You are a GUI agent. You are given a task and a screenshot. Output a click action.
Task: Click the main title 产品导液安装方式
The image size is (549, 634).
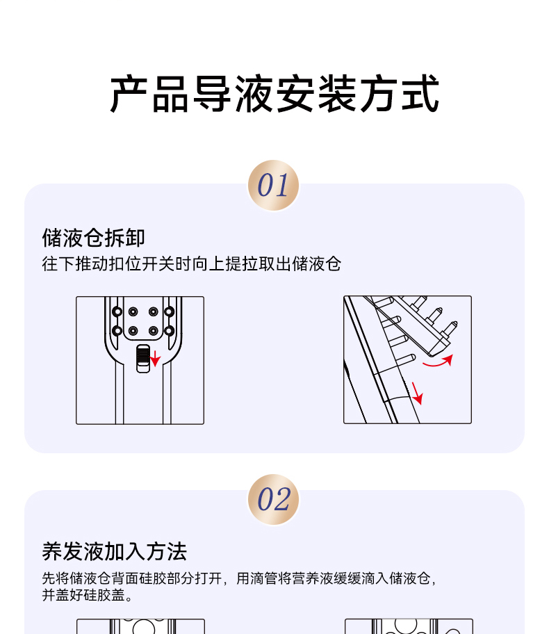274,94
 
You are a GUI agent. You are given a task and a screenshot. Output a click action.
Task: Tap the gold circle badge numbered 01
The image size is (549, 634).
273,185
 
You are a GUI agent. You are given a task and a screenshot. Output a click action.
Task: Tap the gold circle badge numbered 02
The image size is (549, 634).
273,499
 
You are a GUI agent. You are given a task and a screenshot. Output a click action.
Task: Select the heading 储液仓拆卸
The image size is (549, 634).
93,237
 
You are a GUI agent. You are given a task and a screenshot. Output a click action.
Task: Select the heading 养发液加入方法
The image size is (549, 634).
115,551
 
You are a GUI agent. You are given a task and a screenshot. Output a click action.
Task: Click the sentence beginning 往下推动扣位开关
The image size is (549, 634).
192,264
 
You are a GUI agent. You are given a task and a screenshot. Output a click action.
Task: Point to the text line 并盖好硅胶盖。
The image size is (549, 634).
88,595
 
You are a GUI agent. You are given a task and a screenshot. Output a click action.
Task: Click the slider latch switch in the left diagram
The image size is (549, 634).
143,359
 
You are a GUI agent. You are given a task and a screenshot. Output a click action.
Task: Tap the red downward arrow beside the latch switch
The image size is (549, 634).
155,358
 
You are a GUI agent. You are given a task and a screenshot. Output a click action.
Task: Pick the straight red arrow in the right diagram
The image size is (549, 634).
417,393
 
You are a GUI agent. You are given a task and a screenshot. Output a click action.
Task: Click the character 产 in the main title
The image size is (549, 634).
129,94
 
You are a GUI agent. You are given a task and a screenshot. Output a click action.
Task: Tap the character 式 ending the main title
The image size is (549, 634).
420,94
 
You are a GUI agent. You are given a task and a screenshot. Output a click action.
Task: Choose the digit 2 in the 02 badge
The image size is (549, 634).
281,500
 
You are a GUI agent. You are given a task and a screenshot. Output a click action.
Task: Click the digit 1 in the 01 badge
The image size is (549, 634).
281,186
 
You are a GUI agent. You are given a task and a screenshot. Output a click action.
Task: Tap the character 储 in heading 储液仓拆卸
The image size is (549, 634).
52,237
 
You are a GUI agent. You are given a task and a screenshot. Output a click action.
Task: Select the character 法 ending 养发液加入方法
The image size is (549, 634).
177,551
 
